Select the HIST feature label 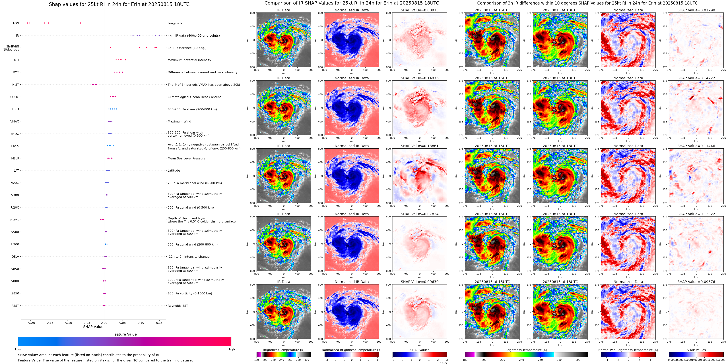(x=16, y=85)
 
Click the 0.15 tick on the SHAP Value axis (x=159, y=323)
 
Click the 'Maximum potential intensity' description (x=189, y=60)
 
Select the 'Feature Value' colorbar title (x=124, y=334)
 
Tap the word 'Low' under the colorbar (x=18, y=349)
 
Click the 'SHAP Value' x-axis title (x=93, y=327)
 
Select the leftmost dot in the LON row (x=27, y=23)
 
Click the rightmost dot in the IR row (x=159, y=35)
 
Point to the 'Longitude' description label (x=175, y=23)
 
